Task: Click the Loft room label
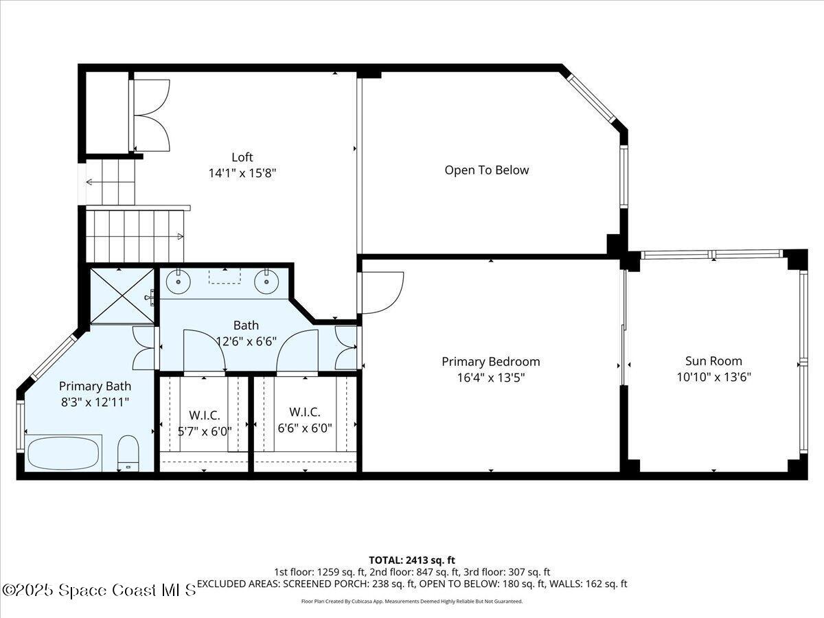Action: coord(242,157)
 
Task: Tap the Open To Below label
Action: coord(487,170)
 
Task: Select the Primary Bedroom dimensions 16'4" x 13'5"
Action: coord(490,377)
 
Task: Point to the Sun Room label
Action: coord(713,361)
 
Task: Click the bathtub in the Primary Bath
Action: coord(63,453)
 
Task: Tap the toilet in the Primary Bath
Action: coord(128,454)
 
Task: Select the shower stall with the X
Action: coord(122,295)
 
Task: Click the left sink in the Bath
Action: coord(179,281)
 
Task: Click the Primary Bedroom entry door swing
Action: coord(381,292)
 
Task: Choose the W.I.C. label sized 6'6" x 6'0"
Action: coord(305,420)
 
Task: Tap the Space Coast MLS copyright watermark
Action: coord(100,590)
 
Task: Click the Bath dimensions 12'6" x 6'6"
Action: coord(246,341)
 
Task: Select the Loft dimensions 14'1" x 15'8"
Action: coord(242,174)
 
